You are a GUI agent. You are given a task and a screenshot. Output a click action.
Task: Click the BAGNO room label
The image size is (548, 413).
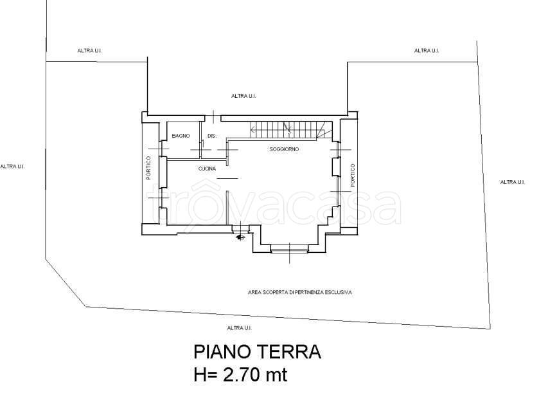coord(180,136)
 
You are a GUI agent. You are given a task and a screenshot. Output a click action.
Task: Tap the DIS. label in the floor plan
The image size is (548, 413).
coord(212,136)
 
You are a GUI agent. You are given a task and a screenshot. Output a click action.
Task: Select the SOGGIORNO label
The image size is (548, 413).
coord(284,149)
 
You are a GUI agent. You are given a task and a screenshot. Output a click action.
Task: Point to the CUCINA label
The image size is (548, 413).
coord(207,169)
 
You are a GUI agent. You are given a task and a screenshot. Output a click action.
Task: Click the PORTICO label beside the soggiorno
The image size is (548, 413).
coord(353,175)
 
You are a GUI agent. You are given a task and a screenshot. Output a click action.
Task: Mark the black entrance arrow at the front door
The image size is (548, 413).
coord(240,237)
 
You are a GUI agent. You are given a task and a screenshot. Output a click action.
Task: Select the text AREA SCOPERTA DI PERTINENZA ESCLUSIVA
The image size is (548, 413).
coord(299,292)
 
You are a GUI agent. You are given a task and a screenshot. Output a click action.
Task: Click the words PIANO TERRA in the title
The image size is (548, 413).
coord(257,352)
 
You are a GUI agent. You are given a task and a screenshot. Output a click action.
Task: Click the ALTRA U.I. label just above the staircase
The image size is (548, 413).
coord(244,96)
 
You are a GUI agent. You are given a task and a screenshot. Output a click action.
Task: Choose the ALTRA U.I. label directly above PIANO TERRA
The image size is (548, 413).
coord(239,327)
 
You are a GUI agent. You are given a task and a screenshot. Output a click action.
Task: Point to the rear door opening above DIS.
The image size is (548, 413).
coord(213,117)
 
